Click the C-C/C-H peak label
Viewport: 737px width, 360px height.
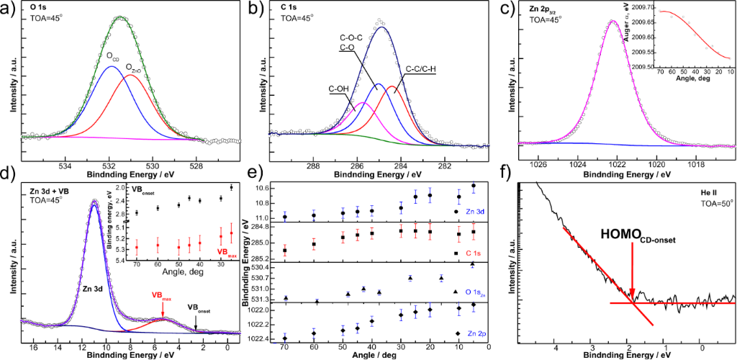tap(424, 69)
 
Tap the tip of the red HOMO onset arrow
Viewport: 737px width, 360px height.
tap(631, 297)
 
